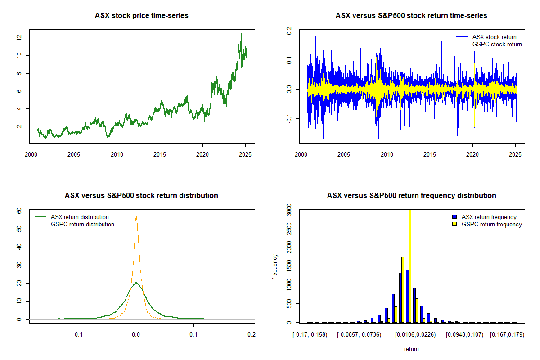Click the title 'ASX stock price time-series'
point(141,16)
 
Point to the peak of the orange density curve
point(136,216)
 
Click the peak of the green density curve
point(136,283)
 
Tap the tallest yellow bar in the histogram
point(410,265)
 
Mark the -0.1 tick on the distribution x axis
point(78,335)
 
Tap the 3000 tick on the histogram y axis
point(289,211)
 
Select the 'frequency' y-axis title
point(275,266)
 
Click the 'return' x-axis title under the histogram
point(411,349)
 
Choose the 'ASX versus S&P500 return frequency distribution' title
point(411,196)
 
